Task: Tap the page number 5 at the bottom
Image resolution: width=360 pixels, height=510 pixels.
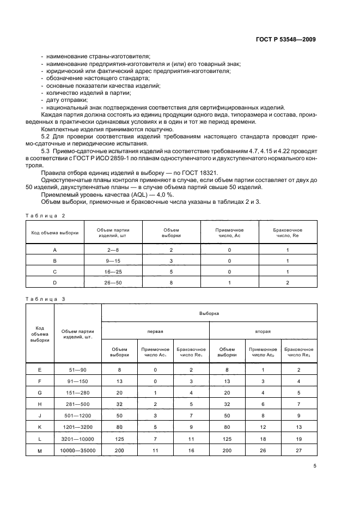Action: (315, 466)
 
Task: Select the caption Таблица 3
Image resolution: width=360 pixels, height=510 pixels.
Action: (45, 299)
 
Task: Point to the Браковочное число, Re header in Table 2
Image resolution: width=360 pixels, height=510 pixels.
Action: (287, 233)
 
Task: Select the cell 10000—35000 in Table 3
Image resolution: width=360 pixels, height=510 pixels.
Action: (77, 450)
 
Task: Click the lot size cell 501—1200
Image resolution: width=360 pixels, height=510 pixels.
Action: (77, 415)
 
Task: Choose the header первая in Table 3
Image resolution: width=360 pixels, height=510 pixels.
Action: (155, 331)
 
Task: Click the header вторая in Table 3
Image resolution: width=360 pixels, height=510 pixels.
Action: (263, 331)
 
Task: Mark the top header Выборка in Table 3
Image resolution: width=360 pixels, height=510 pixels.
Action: (209, 313)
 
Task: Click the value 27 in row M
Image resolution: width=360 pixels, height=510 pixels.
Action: (298, 450)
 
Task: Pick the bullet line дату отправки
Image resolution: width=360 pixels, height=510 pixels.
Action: (65, 100)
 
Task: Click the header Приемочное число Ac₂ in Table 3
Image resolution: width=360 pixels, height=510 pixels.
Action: (263, 352)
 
